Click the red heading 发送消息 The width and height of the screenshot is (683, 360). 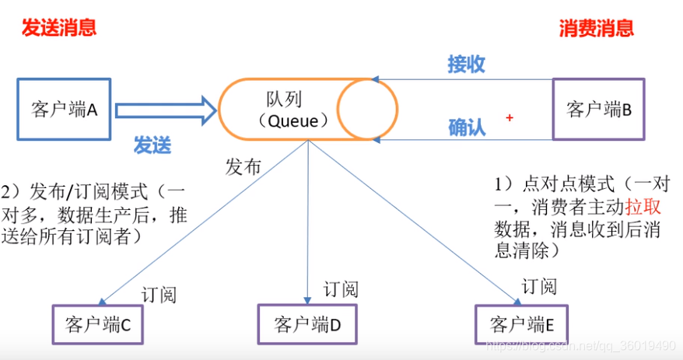coord(58,28)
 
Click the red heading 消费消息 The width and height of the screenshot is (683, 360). coord(597,28)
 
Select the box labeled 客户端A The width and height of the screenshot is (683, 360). coord(65,109)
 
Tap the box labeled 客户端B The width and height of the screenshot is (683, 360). coord(599,109)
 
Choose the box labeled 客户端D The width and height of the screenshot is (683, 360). coord(307,325)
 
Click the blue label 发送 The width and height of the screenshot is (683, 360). coord(152,145)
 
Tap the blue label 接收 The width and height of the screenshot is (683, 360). coord(466,64)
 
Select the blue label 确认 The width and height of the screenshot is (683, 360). coord(467,127)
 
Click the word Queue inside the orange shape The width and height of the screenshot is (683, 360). coord(292,121)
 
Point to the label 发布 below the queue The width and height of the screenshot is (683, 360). coord(243,166)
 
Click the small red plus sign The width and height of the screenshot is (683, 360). coord(510,117)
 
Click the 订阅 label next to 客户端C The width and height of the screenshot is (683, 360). coord(159,295)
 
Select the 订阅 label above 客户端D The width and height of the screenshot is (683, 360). coord(341,289)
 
